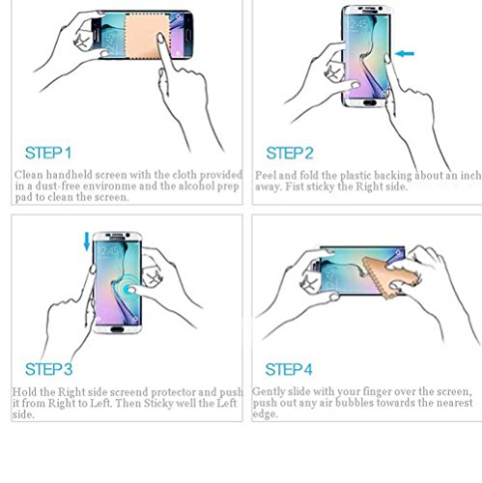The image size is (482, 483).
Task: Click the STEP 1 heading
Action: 48,153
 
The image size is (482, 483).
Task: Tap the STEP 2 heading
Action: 290,153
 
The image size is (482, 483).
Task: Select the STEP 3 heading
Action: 48,369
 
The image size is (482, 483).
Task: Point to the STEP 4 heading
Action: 289,369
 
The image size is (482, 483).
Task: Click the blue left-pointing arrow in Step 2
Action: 405,54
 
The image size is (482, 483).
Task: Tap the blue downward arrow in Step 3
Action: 87,241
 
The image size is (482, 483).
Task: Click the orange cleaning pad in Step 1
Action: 147,37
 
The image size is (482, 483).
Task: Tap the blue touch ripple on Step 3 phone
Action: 128,289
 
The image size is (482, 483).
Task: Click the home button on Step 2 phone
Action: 369,102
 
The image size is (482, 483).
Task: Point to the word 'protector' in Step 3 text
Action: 173,392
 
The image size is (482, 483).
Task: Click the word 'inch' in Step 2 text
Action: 470,176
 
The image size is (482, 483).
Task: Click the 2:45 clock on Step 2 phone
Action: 358,24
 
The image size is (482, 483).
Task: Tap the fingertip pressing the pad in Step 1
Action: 160,38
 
